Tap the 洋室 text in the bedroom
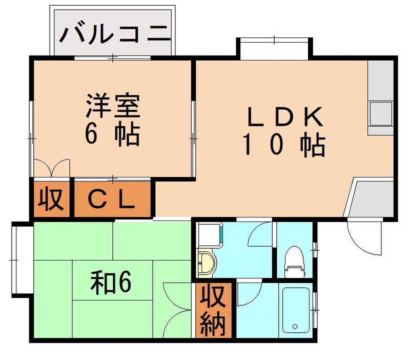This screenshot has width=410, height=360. pos(112,106)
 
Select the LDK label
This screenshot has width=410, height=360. pos(285,117)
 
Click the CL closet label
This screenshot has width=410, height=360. pos(112,199)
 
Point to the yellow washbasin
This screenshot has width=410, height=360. pos(206,263)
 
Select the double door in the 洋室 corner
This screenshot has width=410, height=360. pos(51,167)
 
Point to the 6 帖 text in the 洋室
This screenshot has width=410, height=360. pos(112,134)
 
